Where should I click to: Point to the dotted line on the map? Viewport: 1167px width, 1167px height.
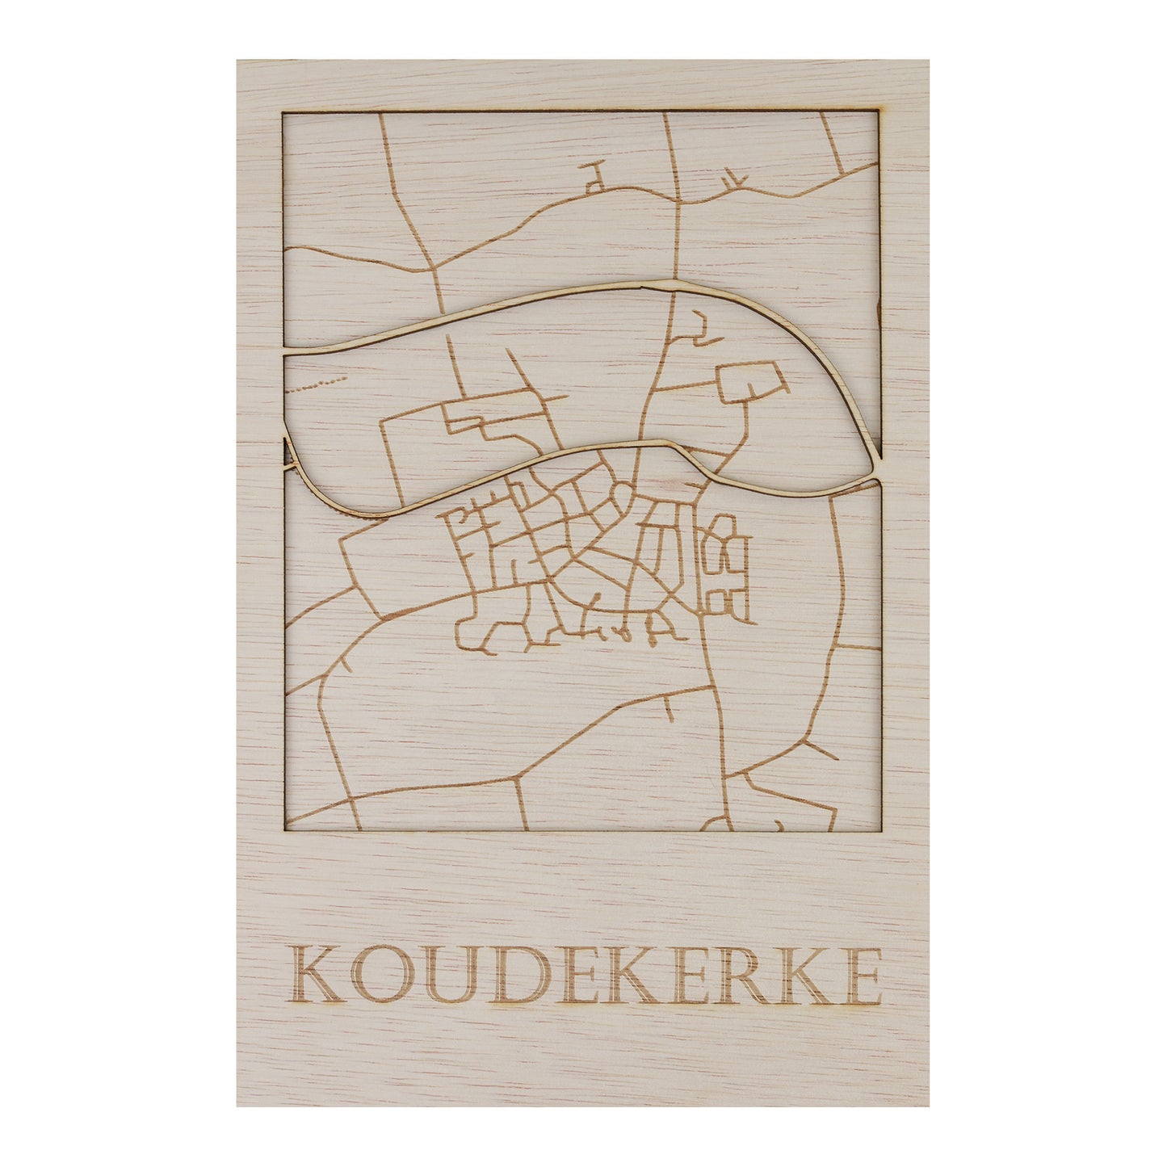pos(318,383)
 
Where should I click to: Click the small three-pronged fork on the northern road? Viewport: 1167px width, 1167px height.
pos(731,179)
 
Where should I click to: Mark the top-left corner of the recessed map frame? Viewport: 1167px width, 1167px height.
pos(283,112)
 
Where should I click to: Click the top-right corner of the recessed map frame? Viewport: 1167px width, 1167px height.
pos(879,112)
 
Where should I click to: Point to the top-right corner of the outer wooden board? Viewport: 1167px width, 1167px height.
pos(928,61)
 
